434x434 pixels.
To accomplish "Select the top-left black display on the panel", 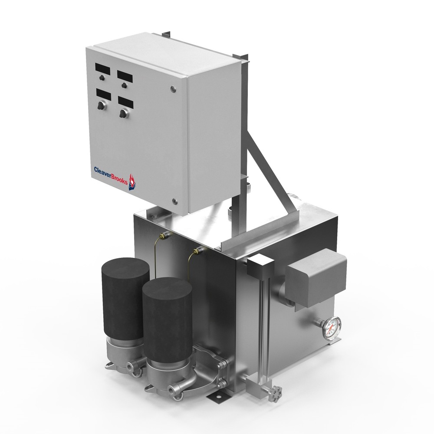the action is click(x=103, y=69).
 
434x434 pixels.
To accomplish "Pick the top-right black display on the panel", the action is click(x=125, y=77).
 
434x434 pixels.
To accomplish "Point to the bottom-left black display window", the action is click(x=104, y=95).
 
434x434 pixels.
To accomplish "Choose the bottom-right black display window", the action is click(x=126, y=102).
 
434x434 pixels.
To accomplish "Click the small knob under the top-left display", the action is click(x=102, y=78).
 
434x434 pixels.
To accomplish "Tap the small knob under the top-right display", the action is click(x=124, y=85).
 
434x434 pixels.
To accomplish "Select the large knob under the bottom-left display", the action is click(x=102, y=105).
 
